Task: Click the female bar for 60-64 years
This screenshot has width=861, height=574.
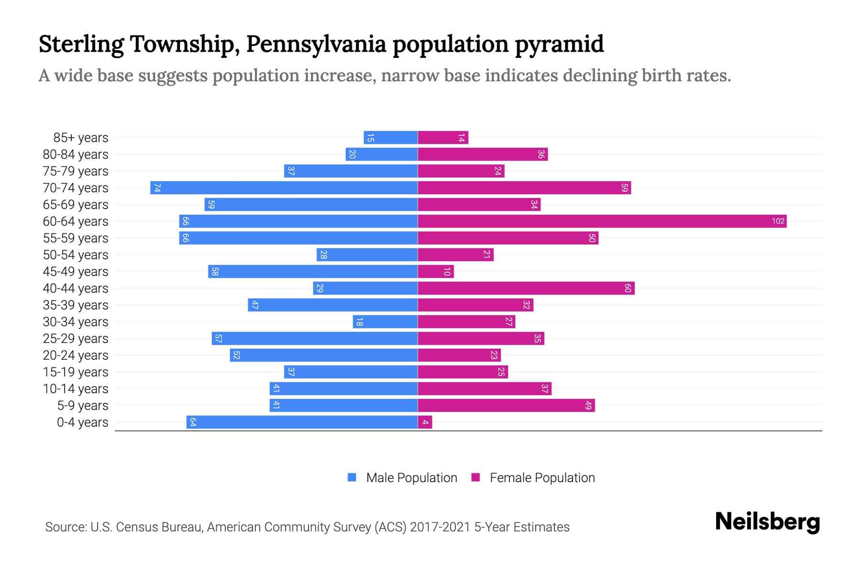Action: pyautogui.click(x=602, y=221)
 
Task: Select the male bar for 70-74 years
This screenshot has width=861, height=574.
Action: pyautogui.click(x=284, y=188)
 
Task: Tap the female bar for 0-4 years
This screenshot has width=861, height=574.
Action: pyautogui.click(x=425, y=422)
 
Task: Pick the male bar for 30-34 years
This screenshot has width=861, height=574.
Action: pyautogui.click(x=385, y=322)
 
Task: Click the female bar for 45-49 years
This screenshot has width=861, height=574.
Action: pyautogui.click(x=435, y=272)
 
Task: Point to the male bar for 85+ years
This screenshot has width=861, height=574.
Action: pyautogui.click(x=390, y=138)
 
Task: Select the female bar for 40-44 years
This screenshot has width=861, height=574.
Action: pyautogui.click(x=526, y=288)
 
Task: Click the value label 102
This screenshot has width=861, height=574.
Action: pyautogui.click(x=778, y=221)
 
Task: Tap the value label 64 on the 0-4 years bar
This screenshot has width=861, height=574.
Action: pyautogui.click(x=193, y=422)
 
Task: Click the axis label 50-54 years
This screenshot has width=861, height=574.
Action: pyautogui.click(x=76, y=255)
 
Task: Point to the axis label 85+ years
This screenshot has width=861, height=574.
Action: pyautogui.click(x=80, y=138)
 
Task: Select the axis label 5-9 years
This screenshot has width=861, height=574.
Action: pyautogui.click(x=82, y=406)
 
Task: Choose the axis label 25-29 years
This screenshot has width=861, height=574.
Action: pyautogui.click(x=76, y=339)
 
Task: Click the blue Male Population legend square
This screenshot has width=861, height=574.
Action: pyautogui.click(x=352, y=477)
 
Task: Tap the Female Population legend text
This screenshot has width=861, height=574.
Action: pyautogui.click(x=542, y=477)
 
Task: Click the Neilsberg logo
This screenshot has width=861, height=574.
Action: pyautogui.click(x=767, y=522)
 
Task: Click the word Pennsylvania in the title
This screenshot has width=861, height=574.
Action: pyautogui.click(x=316, y=44)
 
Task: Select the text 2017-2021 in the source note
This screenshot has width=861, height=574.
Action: pyautogui.click(x=440, y=527)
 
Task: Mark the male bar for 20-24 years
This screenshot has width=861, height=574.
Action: pyautogui.click(x=323, y=355)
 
